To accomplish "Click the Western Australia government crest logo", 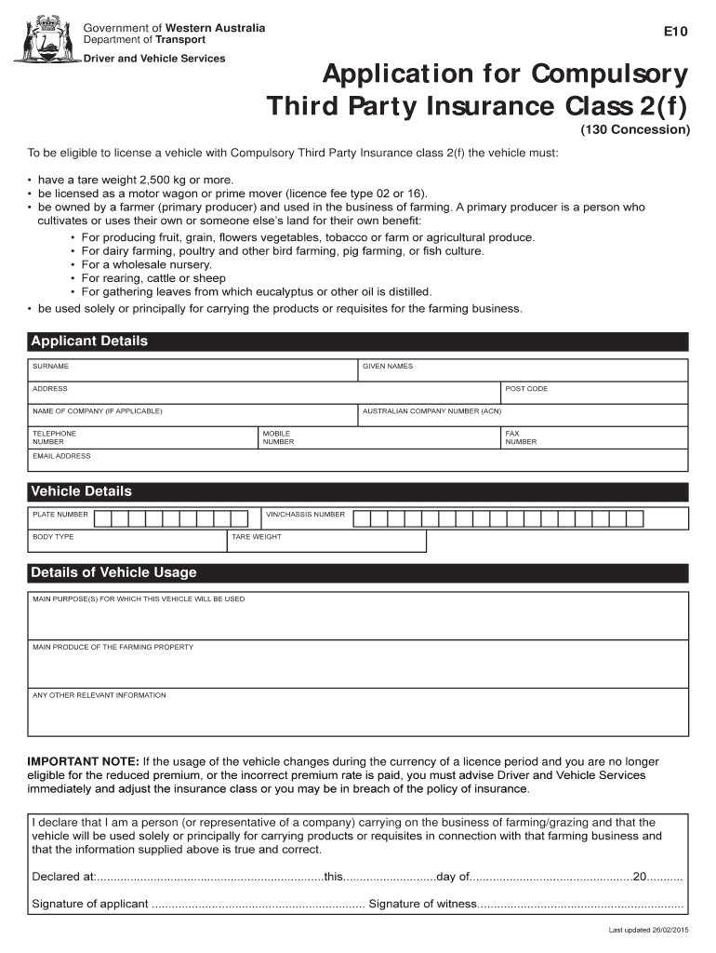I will point(45,38).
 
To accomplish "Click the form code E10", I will point(675,32).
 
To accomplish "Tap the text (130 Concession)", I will point(635,129).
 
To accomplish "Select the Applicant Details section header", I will point(89,342).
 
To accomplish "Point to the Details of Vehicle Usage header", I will point(113,572).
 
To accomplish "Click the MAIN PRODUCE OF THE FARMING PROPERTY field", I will point(358,665).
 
